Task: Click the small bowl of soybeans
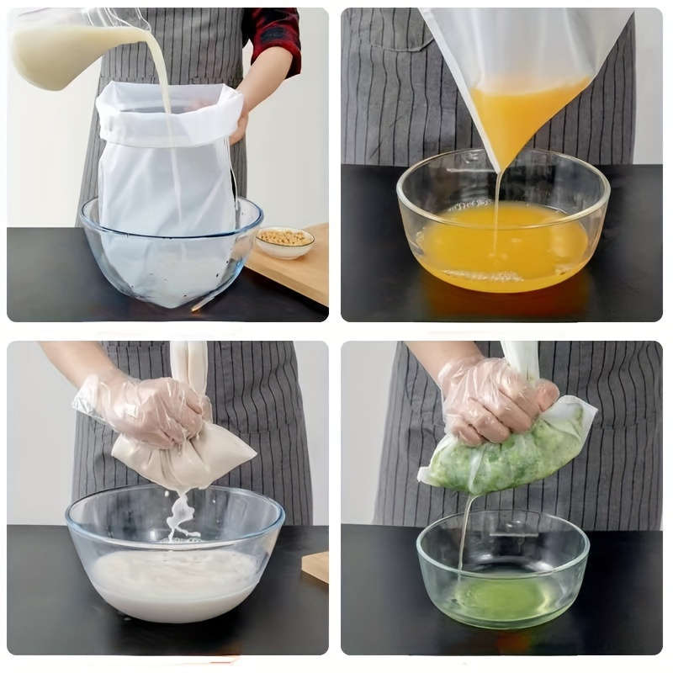click(x=284, y=242)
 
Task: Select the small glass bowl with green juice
click(x=502, y=580)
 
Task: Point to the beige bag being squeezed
click(x=189, y=458)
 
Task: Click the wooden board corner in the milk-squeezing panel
click(x=316, y=565)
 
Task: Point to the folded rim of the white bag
click(x=168, y=109)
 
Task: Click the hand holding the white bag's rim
click(x=240, y=122)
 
